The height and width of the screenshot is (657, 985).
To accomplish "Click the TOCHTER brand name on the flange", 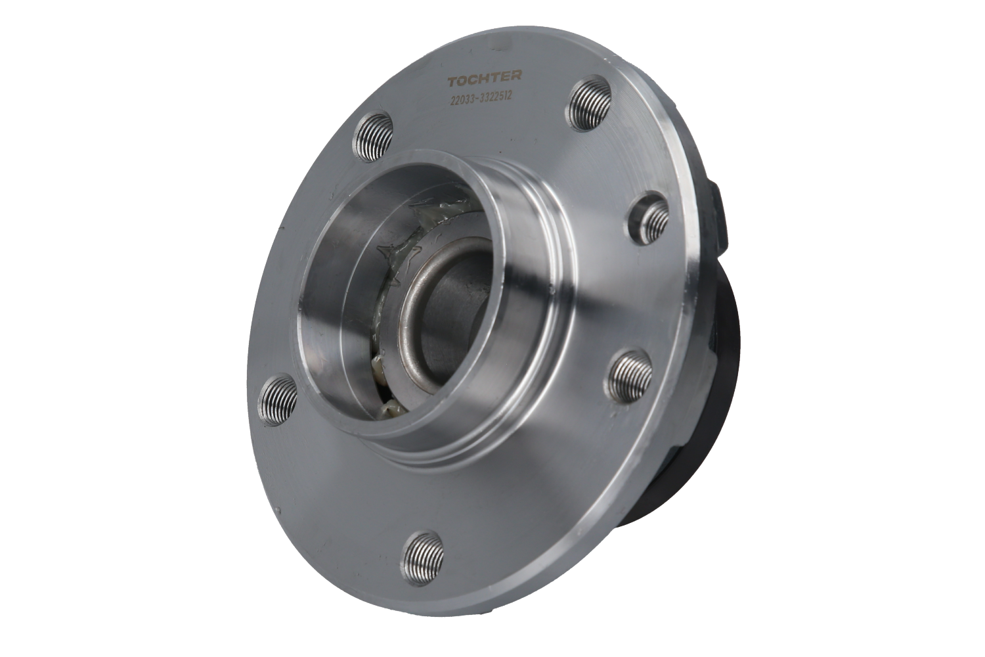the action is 485,79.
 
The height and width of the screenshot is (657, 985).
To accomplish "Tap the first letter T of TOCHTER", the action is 452,82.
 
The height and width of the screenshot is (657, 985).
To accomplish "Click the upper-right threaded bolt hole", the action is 590,103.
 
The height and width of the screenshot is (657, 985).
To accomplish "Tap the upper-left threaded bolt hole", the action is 373,136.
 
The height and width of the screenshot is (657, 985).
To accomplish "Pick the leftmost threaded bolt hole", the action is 277,399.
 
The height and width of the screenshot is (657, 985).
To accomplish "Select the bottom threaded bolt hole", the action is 423,558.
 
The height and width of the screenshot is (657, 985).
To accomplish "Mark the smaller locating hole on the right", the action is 649,218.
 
